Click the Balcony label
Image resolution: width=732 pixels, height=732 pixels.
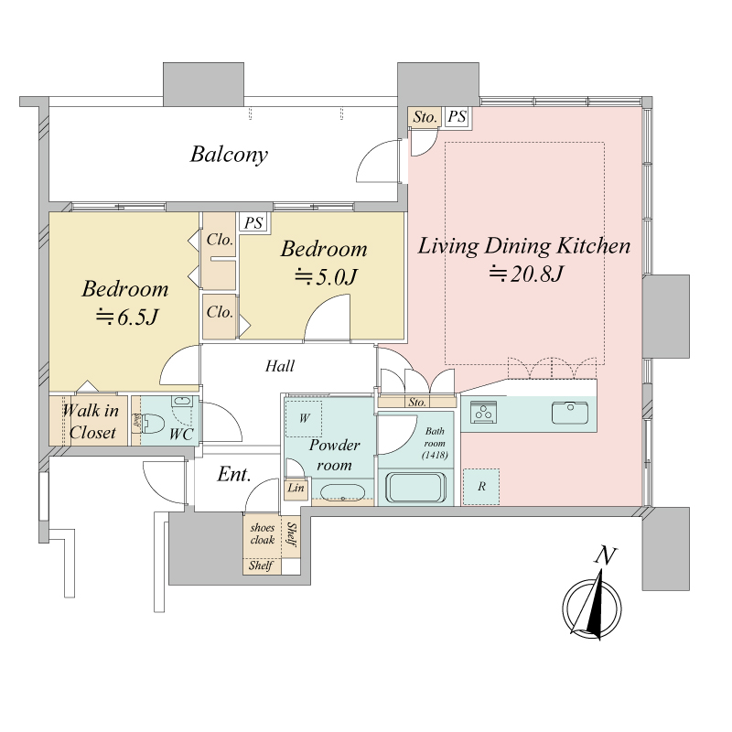[229, 155]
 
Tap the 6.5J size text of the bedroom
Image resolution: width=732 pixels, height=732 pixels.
[127, 318]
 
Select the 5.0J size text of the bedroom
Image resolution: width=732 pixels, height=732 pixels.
[326, 277]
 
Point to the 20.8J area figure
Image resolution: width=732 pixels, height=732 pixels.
[526, 274]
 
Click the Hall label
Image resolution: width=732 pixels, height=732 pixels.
[280, 365]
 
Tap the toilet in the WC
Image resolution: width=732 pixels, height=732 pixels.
[152, 424]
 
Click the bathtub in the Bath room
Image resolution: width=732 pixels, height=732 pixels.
[416, 489]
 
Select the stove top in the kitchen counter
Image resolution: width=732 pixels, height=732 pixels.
[483, 413]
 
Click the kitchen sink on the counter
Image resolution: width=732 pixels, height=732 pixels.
[570, 413]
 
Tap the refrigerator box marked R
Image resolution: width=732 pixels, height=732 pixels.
[481, 487]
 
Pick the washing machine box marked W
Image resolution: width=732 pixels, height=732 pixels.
[304, 418]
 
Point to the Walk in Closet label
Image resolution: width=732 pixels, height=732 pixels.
[91, 422]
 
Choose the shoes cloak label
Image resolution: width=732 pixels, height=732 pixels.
[262, 533]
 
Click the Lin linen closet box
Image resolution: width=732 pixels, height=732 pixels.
[296, 489]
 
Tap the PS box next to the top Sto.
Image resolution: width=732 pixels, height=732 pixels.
[457, 116]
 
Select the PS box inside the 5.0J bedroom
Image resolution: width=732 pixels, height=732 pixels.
[254, 222]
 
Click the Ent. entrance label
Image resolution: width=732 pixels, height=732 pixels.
[234, 474]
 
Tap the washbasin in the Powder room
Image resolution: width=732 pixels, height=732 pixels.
[343, 493]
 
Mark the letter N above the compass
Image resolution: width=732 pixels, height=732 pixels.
[605, 555]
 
